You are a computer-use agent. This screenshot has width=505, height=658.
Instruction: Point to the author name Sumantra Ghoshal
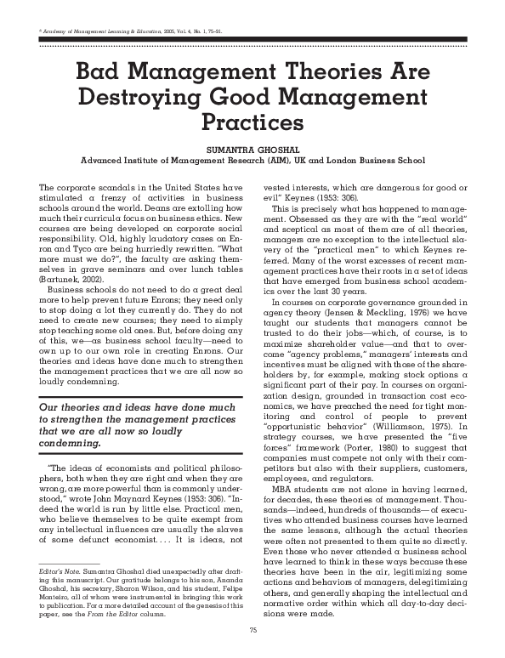pos(252,147)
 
